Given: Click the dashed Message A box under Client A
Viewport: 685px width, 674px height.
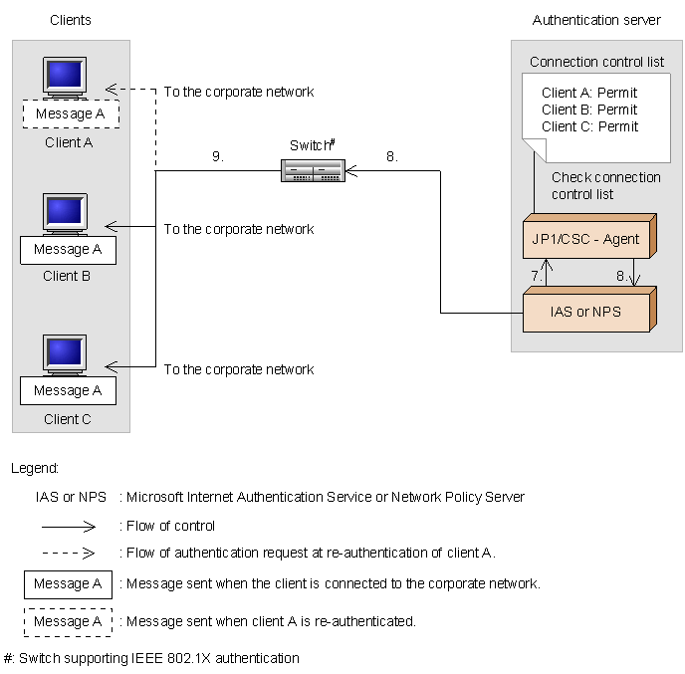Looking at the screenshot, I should (70, 114).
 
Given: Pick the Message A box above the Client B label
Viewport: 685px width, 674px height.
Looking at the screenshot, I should (68, 250).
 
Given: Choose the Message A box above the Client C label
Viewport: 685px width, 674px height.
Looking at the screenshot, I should (68, 391).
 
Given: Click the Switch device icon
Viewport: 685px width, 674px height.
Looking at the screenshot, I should (313, 171).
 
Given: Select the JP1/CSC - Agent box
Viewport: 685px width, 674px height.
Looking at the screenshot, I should (586, 240).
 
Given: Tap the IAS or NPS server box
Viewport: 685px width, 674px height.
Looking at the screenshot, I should (586, 312).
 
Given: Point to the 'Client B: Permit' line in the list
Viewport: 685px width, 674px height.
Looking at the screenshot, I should (589, 110).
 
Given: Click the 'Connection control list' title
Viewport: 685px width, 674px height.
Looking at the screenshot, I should (596, 62).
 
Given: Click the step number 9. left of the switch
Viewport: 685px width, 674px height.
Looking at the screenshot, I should (218, 156).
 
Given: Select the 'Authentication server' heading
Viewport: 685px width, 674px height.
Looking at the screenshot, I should (596, 20).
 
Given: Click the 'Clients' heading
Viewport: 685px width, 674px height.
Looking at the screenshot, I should (70, 20).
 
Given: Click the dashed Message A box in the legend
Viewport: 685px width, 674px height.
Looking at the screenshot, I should (68, 622).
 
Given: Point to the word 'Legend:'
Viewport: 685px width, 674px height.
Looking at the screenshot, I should (35, 468).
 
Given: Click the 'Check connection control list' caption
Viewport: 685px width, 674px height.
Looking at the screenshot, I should (605, 186).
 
